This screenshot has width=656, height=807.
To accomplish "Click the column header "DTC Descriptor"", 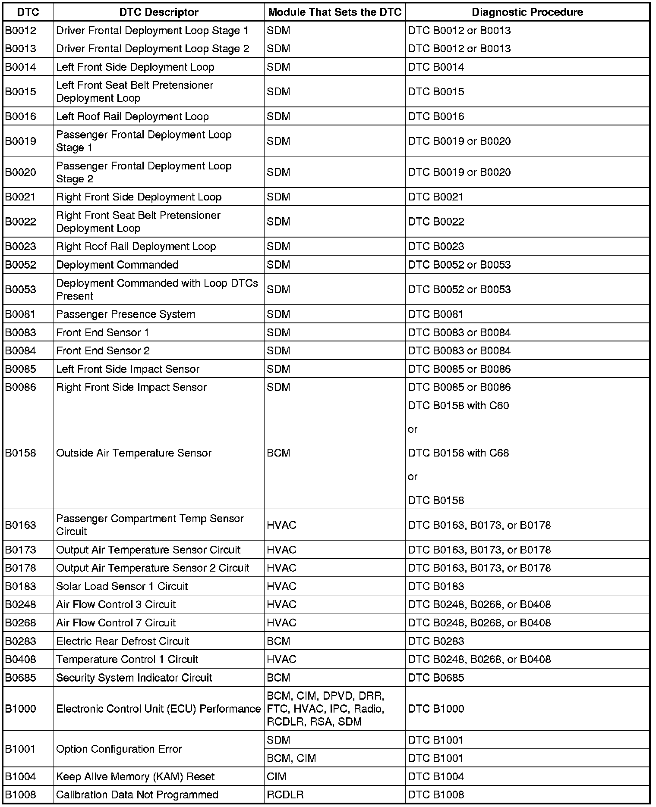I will point(159,13).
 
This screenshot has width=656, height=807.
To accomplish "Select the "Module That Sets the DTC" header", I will point(334,13).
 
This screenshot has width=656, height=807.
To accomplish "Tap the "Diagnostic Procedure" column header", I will point(527,13).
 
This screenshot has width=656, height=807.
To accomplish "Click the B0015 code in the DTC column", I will point(21,92).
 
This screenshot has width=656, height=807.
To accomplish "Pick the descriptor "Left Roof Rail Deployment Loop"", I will point(132,117).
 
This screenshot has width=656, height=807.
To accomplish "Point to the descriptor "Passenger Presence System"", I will point(126,314).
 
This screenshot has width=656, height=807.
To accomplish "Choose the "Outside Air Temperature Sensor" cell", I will point(134,453).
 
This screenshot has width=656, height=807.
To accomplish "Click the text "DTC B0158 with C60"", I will point(458,406).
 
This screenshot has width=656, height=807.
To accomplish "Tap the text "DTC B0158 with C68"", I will point(458,453).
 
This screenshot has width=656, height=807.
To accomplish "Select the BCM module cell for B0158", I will point(279,453).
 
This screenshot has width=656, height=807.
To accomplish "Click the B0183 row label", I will point(21,586).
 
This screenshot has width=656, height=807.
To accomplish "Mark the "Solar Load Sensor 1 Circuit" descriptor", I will point(122,586).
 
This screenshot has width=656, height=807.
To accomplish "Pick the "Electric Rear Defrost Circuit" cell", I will point(123,641).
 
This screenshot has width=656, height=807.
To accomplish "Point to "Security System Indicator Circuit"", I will point(134,678).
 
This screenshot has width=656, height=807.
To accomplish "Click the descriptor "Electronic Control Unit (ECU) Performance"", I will point(158,709).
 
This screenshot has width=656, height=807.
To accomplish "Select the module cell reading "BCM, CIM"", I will point(291,758).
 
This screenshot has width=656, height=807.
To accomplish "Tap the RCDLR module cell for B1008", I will point(285,794).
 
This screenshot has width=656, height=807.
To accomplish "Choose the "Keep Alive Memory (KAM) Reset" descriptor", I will point(135,776).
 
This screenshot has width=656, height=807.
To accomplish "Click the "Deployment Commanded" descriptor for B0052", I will point(117,265).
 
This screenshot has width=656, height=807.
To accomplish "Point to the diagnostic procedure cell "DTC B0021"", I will point(436,197).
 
